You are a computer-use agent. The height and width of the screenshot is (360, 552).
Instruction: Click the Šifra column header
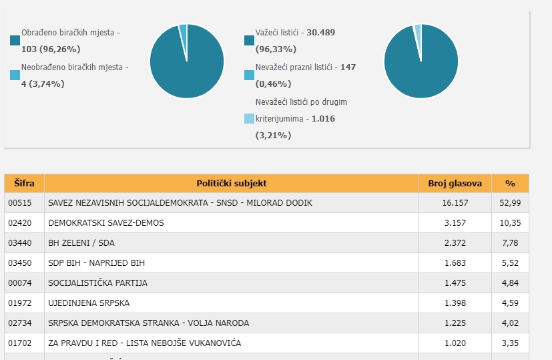(x=24, y=183)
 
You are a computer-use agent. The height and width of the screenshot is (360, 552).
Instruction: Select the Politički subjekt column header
(x=232, y=183)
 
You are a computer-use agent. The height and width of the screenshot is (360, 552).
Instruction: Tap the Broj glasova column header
(x=455, y=183)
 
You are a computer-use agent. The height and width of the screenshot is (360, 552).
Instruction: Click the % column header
(x=510, y=183)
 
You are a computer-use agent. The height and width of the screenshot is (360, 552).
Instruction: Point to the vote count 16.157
(x=455, y=202)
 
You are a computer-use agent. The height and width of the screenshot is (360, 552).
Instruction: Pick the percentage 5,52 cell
(x=509, y=262)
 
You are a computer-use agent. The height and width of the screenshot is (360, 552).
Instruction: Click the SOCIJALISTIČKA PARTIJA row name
(x=97, y=283)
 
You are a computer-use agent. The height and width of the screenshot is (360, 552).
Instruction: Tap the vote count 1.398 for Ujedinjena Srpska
(x=455, y=303)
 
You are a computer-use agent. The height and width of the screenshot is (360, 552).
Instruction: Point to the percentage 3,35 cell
(x=509, y=343)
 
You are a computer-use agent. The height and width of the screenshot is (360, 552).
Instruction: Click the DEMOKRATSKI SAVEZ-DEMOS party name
(x=105, y=222)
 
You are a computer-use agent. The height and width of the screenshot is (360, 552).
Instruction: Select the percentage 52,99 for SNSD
(x=509, y=202)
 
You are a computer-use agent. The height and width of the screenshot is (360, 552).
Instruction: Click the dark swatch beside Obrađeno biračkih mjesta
(x=15, y=41)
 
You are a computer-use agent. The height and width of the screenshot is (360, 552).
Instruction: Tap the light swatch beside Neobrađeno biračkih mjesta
(x=15, y=75)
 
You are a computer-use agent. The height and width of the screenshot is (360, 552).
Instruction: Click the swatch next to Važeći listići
(x=249, y=41)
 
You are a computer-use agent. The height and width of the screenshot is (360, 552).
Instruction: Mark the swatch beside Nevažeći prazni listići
(x=249, y=75)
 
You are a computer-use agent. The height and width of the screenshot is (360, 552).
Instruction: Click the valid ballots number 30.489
(x=321, y=32)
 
